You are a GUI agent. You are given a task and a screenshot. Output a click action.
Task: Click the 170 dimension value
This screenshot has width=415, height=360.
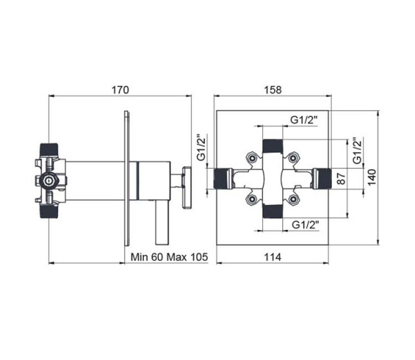pyautogui.click(x=120, y=90)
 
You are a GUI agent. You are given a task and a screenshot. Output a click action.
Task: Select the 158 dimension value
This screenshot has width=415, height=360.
pyautogui.click(x=273, y=90)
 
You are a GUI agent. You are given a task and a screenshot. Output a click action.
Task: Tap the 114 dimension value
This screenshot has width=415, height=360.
pyautogui.click(x=273, y=257)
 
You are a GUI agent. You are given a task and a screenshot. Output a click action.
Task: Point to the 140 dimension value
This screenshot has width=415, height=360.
pyautogui.click(x=371, y=177)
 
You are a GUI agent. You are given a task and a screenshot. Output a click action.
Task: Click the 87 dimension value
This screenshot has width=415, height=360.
pyautogui.click(x=341, y=179)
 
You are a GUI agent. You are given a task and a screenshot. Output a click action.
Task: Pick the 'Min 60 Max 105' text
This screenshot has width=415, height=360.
pyautogui.click(x=169, y=257)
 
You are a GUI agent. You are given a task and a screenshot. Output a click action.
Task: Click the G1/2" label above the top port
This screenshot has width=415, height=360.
pyautogui.click(x=304, y=120)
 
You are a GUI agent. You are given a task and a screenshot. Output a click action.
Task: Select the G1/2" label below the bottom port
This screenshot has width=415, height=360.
pyautogui.click(x=305, y=225)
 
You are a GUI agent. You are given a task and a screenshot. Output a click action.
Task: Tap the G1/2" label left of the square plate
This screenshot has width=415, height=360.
pyautogui.click(x=202, y=147)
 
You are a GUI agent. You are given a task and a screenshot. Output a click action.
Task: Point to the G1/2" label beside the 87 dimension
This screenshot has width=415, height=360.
pyautogui.click(x=358, y=150)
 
